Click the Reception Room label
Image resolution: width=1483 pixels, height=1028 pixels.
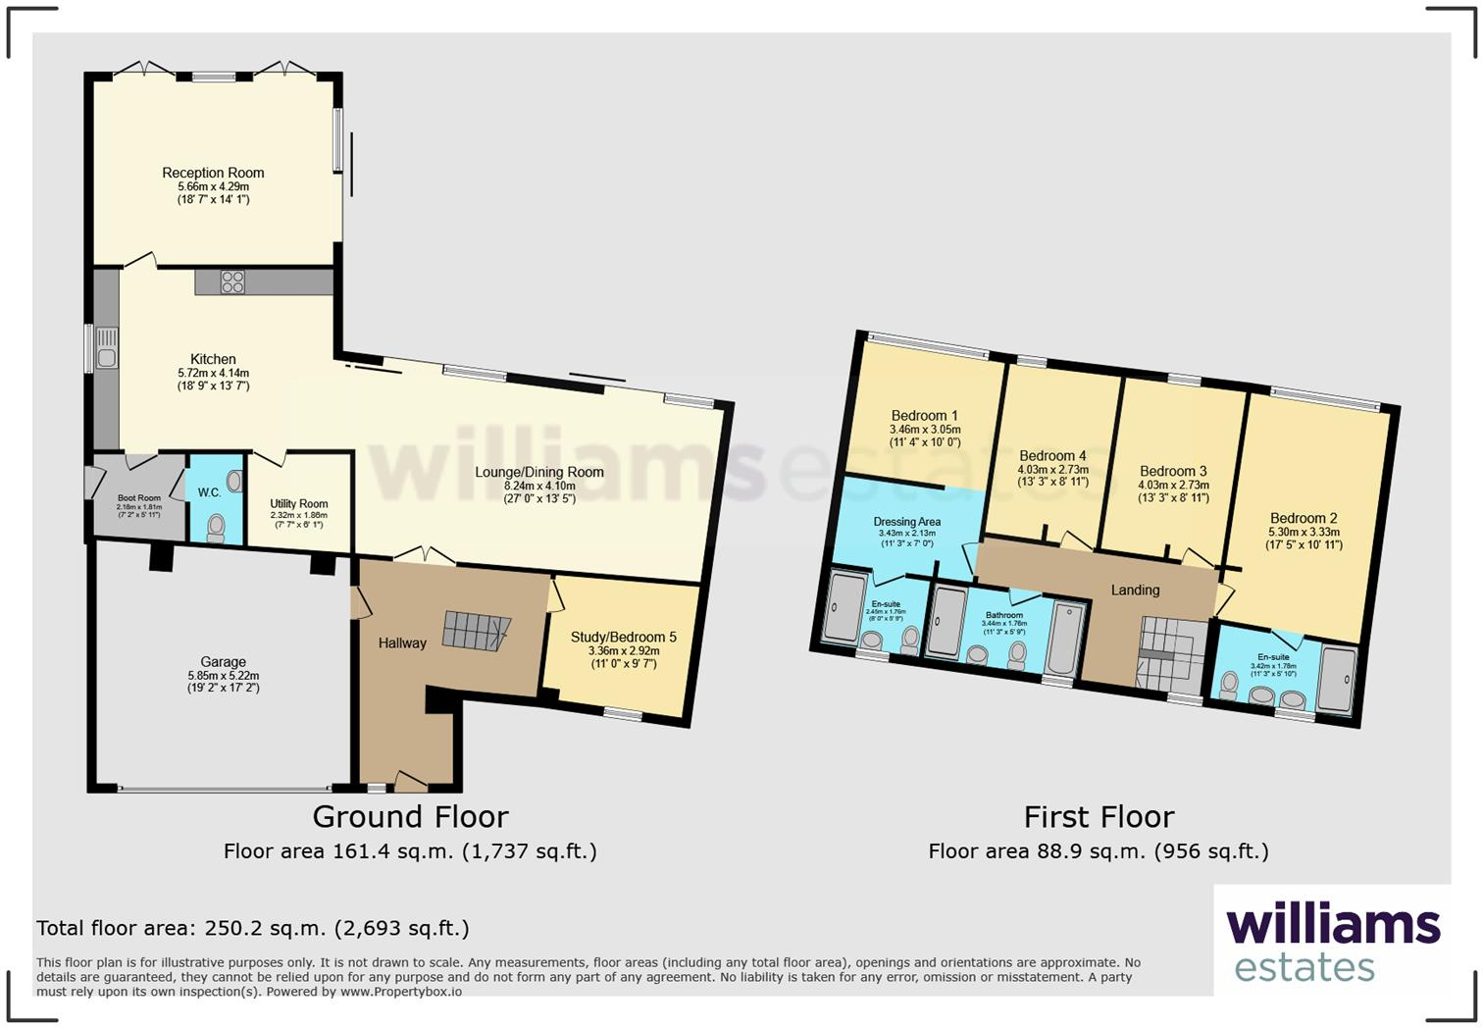point(213,173)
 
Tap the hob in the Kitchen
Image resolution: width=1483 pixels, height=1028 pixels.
point(232,283)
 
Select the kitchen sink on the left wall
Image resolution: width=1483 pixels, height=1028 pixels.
point(106,348)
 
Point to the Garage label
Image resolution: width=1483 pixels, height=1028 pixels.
point(223,662)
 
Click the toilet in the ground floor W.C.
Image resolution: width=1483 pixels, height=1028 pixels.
point(215,530)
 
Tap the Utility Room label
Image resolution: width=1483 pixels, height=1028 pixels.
point(299,503)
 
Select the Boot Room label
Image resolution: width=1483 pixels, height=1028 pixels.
point(138,498)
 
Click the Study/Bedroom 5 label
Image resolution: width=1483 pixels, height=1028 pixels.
point(623,638)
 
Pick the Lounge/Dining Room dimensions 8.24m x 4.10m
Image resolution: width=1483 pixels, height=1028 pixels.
point(539,486)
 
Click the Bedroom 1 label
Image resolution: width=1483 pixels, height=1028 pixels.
point(924,415)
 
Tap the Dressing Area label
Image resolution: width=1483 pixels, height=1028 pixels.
point(906,522)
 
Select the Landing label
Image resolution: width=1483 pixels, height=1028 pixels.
point(1135,590)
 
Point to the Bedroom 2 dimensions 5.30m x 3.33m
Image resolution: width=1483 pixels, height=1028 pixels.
point(1304,532)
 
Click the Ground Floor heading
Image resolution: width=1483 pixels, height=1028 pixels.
point(410,816)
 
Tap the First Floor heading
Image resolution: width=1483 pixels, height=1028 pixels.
point(1099,816)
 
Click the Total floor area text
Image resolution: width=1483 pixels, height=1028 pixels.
point(253,928)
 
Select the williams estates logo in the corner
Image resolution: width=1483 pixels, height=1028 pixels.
point(1332,942)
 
